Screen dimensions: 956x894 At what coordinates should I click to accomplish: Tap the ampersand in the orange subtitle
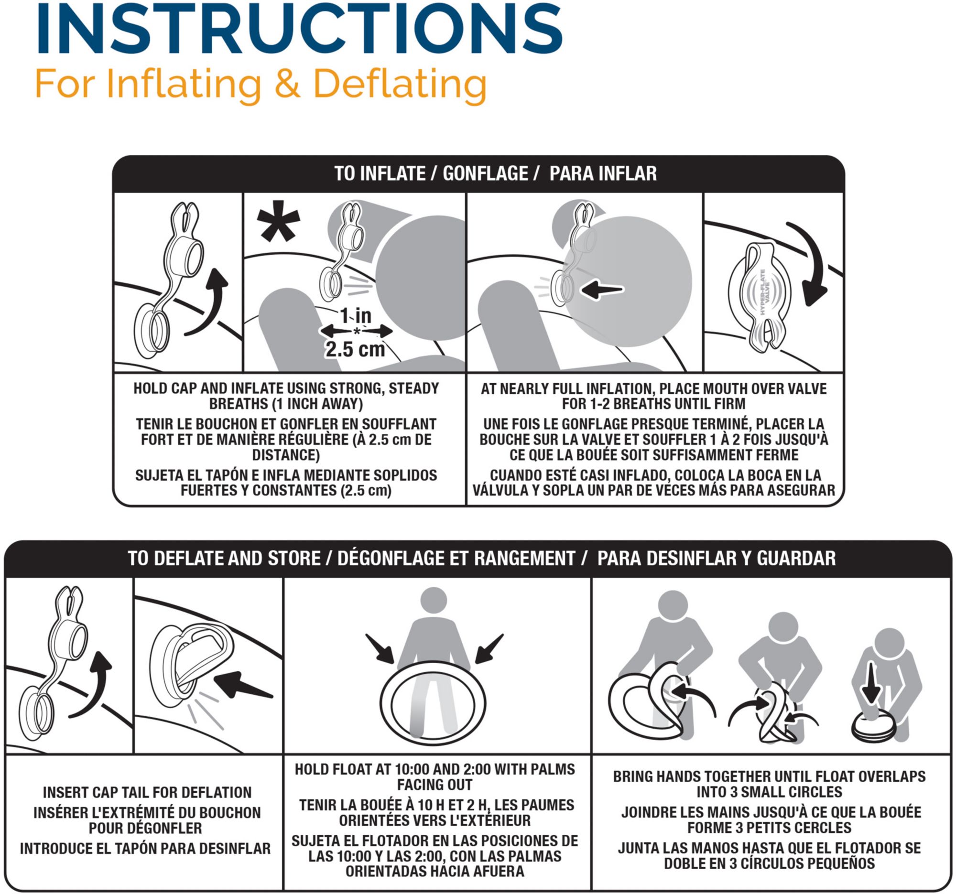pos(287,84)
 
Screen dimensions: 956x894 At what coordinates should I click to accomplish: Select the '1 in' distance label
pos(356,316)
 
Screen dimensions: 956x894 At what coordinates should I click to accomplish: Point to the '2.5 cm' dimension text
pos(355,349)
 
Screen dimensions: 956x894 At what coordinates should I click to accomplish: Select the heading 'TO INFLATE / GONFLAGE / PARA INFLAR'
pos(495,173)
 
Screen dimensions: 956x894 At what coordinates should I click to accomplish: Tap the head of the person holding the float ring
pos(433,600)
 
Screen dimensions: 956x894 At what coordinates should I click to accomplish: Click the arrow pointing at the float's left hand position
pos(380,649)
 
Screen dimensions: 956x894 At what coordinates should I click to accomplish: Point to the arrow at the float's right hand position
pos(489,649)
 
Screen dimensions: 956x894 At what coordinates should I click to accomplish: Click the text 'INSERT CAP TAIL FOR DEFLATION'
pos(147,792)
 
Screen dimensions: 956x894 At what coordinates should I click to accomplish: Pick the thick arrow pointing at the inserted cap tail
pos(243,685)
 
